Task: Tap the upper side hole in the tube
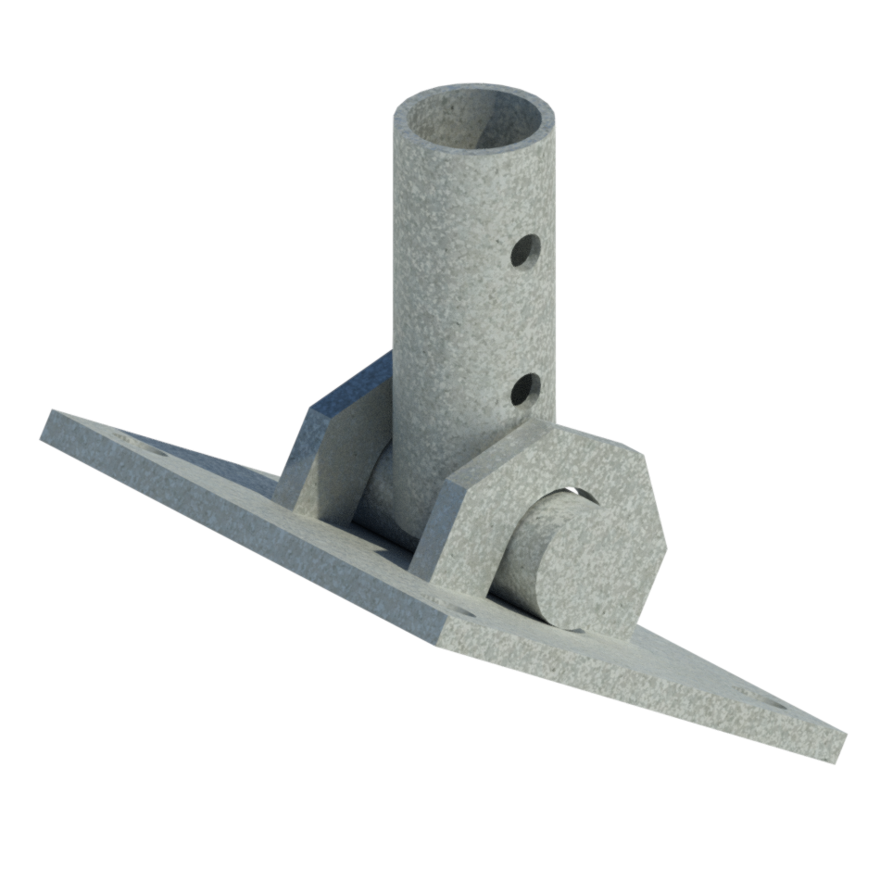(525, 249)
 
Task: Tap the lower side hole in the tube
(525, 389)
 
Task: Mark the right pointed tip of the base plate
(838, 741)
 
